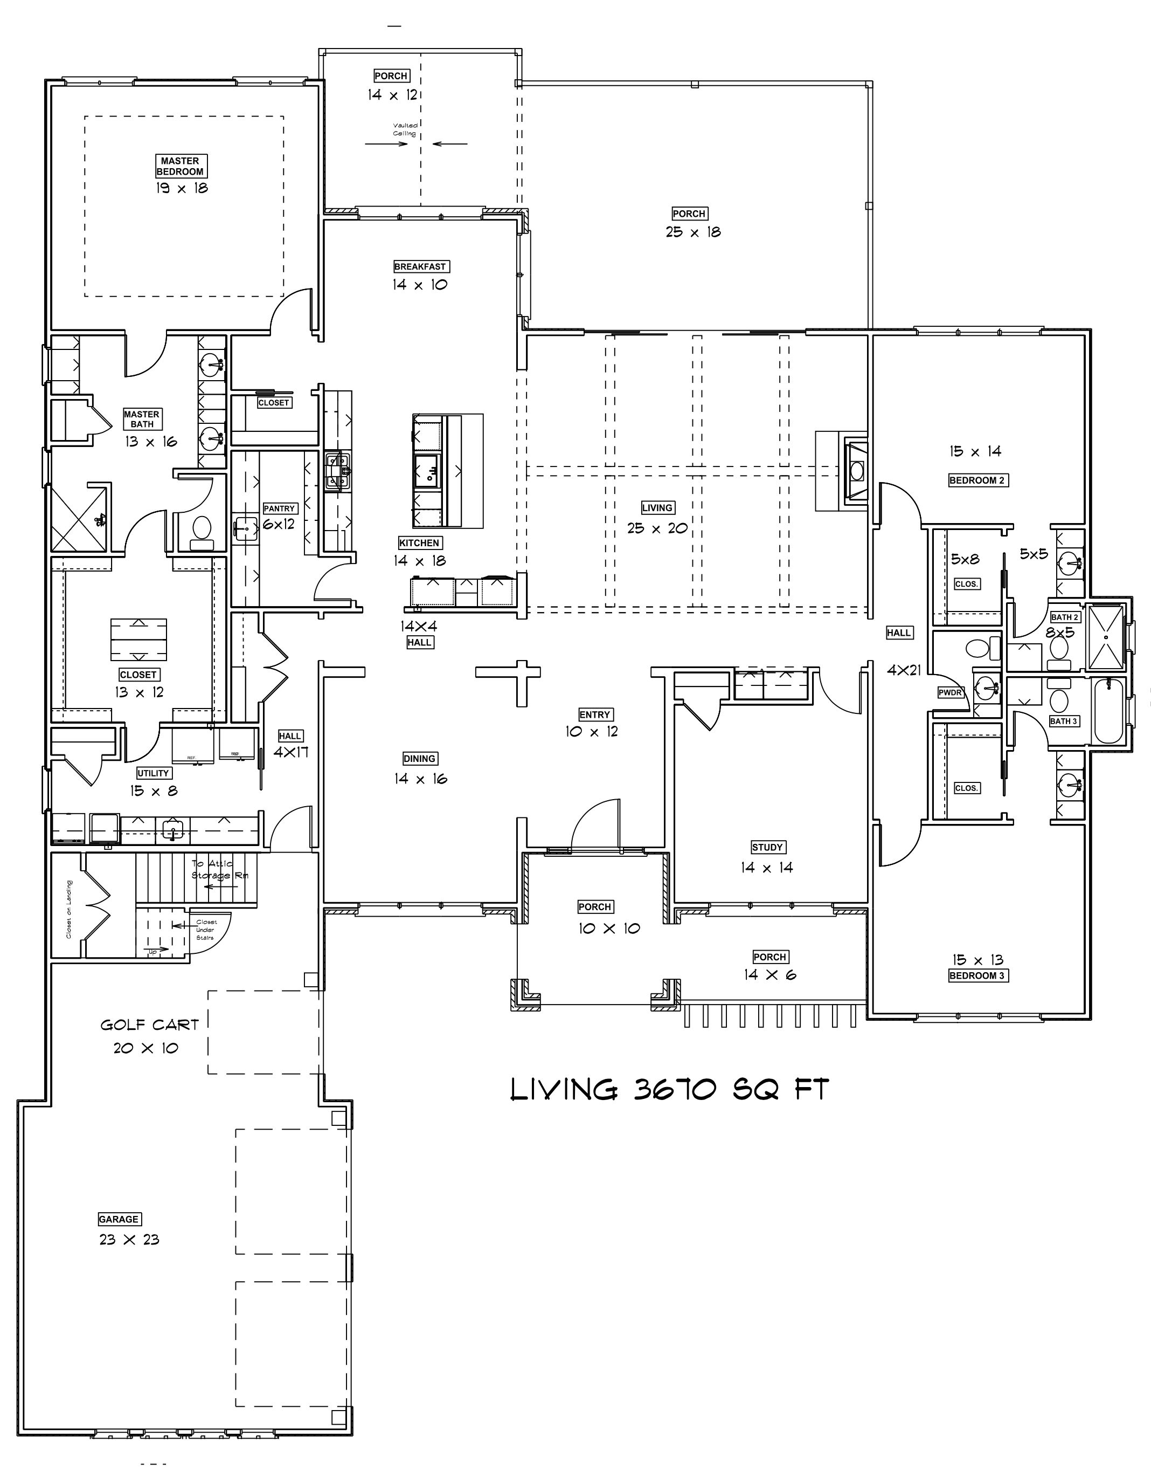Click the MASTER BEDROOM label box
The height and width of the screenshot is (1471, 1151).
[180, 166]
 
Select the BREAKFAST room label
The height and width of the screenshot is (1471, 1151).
[420, 267]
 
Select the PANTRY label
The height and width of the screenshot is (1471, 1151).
[279, 508]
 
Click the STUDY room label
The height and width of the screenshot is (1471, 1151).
[767, 848]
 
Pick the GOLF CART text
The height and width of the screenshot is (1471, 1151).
[150, 1026]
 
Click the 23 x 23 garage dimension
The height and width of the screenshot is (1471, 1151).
[129, 1240]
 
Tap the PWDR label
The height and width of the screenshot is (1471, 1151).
[950, 692]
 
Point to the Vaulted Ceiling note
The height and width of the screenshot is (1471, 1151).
[405, 129]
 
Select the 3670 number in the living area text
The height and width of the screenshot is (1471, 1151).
[675, 1090]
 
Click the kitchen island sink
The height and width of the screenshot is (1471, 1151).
[428, 471]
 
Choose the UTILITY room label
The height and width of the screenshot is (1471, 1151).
[153, 773]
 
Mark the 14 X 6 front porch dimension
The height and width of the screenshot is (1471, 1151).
[769, 975]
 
